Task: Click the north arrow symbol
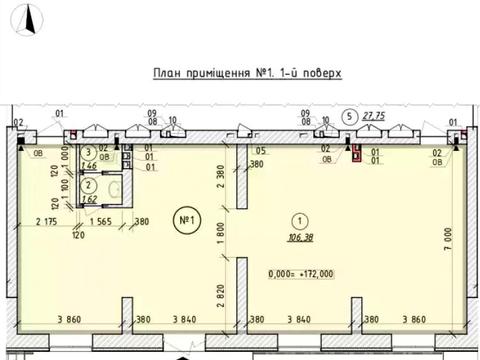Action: (x=32, y=16)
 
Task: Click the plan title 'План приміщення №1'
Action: (x=246, y=73)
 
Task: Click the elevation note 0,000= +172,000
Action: (x=301, y=273)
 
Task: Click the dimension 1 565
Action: (x=99, y=222)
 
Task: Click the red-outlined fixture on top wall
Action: (x=358, y=152)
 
